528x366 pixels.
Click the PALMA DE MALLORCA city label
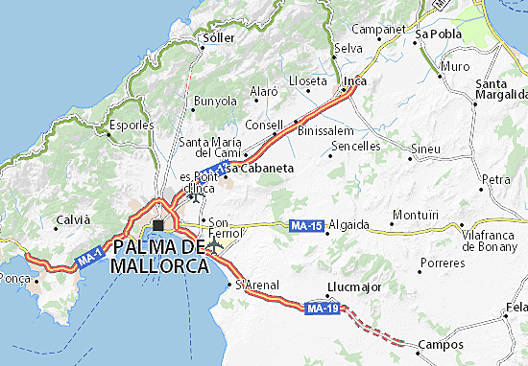point(160,256)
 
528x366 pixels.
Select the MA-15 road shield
point(306,226)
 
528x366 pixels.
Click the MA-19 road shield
point(322,309)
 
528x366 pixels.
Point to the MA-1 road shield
point(89,259)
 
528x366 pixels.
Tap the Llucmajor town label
point(354,286)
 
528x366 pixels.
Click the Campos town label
point(441,344)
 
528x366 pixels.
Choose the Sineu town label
point(425,149)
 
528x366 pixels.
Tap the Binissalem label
point(327,129)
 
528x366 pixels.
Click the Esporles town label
point(132,125)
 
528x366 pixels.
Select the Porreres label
point(443,262)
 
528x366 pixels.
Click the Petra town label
point(496,179)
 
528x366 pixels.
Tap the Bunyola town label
point(215,100)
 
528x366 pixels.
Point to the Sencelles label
point(355,147)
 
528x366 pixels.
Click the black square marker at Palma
point(157,225)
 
